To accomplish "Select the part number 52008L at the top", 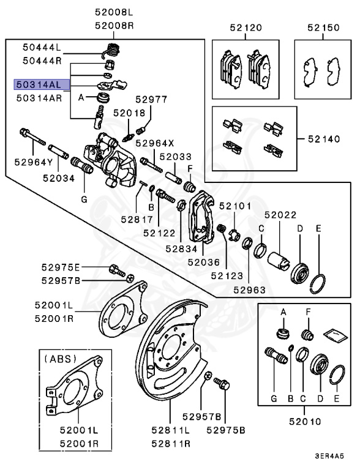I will [113, 12].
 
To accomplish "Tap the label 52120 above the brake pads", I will [246, 28].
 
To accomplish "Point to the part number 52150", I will [323, 28].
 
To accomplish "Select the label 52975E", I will [61, 267].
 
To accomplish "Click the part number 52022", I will [280, 215].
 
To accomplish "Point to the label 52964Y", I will [35, 162].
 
